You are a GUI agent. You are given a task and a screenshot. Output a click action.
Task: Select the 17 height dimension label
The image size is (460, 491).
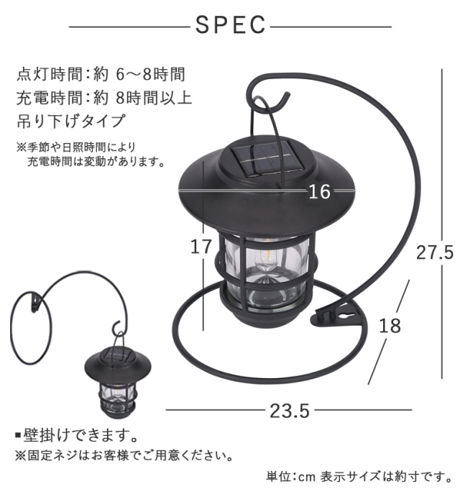point(202,247)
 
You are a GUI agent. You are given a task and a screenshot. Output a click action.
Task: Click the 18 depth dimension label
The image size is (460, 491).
point(389,325)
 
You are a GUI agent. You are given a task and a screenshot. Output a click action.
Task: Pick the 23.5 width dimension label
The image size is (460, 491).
point(290,410)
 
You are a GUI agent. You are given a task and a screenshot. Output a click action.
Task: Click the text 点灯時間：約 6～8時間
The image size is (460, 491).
point(101,73)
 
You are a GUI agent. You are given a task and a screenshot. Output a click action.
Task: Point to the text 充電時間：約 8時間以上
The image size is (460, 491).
point(103,97)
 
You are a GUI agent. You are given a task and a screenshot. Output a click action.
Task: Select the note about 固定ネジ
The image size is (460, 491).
point(123,456)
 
